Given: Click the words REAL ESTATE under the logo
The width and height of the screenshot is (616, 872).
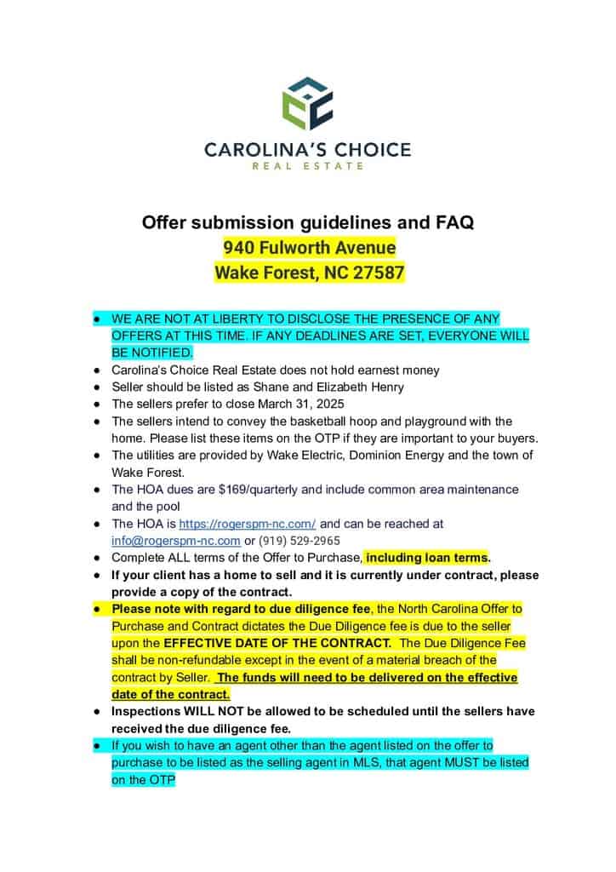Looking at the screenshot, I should [x=307, y=165].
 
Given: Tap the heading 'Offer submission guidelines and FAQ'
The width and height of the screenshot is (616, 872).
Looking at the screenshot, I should [x=308, y=223].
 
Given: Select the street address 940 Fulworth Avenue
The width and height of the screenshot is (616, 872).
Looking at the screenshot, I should [x=310, y=248].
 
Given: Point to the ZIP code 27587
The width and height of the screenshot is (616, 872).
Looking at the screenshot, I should [x=377, y=273].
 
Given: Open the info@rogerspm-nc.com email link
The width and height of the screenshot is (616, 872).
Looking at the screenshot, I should [x=175, y=541].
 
